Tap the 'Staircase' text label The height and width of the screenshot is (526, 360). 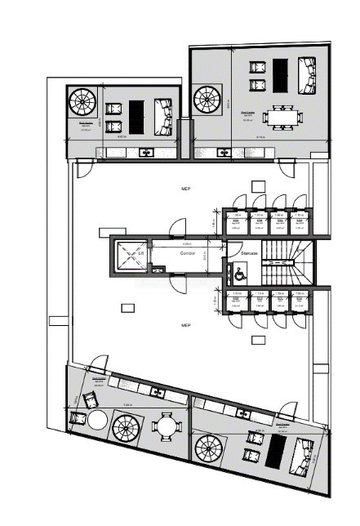[x=240, y=254]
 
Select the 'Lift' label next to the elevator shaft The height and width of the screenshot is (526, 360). [x=140, y=254]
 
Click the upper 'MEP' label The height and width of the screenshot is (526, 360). [x=185, y=189]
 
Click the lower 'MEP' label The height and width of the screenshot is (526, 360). [x=185, y=325]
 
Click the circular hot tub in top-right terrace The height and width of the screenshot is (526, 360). [x=207, y=100]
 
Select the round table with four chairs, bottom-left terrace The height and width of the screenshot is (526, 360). [x=167, y=426]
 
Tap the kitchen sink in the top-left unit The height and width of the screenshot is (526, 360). [x=145, y=152]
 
